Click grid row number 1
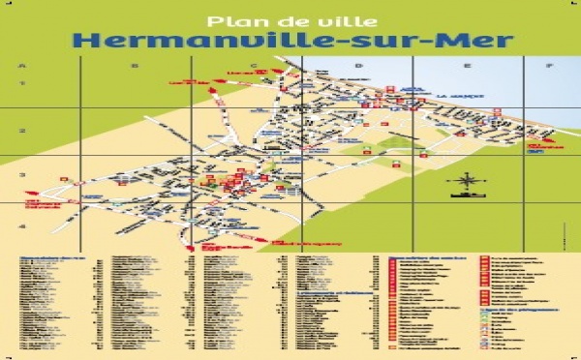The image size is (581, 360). click(x=21, y=84)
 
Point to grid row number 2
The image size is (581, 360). click(x=21, y=131)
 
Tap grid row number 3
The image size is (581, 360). click(x=21, y=175)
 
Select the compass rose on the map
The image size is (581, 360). click(x=466, y=179)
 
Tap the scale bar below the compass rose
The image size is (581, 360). click(x=466, y=195)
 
